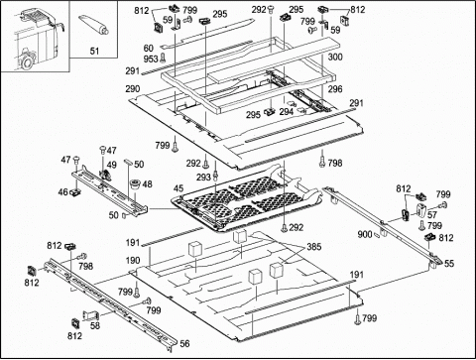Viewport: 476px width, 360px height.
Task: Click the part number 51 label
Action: pos(94,51)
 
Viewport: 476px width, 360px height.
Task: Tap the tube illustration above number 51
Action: pos(93,25)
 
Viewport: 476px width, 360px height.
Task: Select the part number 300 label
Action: pos(335,57)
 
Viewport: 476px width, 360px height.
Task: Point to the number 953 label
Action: pos(151,60)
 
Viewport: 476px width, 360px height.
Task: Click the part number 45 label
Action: pos(178,188)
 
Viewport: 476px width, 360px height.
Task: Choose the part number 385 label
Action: pos(314,247)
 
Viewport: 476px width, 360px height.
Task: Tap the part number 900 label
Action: pos(365,234)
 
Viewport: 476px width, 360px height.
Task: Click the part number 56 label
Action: pos(184,344)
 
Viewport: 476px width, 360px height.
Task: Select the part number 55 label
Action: pos(449,264)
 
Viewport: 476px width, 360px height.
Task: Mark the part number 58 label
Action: pos(95,325)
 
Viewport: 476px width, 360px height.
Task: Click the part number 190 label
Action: pos(133,260)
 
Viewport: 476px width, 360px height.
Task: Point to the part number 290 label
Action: pos(133,89)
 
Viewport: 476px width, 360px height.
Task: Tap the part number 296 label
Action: pos(335,89)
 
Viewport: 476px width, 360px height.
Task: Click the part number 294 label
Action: pos(287,112)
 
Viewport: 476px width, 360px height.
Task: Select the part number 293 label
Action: pos(203,178)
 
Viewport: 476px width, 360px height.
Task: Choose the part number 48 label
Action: pos(147,184)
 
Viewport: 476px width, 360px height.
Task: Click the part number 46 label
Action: pos(62,191)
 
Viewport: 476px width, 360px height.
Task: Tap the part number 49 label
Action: pos(112,165)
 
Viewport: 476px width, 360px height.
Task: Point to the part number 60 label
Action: pos(148,49)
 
